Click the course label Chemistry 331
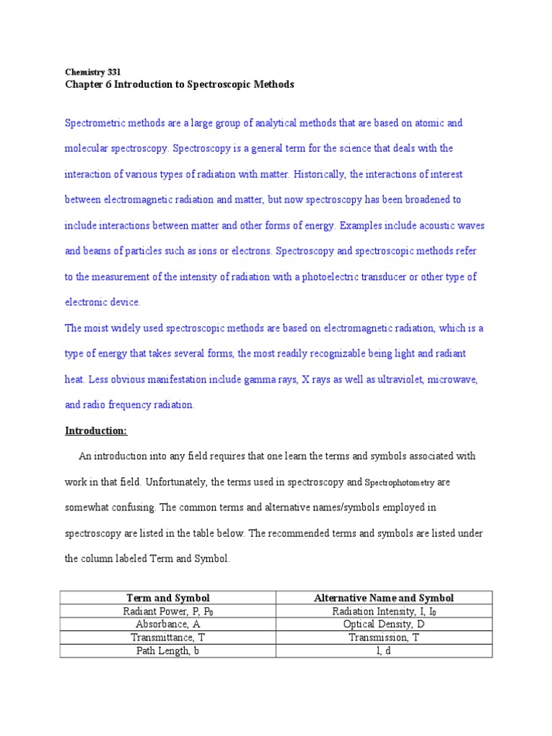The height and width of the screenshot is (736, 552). tap(93, 72)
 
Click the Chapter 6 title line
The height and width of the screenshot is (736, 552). tap(180, 84)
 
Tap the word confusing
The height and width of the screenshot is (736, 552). tap(132, 507)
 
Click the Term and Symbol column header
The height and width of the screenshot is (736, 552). tap(167, 598)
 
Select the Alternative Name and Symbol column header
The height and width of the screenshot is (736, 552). tap(384, 598)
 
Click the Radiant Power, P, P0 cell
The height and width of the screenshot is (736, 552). tap(167, 612)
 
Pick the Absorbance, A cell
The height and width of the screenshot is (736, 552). tap(167, 625)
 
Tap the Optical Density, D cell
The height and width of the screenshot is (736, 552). tap(384, 625)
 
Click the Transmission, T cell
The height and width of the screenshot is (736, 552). tap(384, 638)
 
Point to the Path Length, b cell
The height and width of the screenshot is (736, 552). tap(167, 650)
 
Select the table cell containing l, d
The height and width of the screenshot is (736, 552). tap(384, 650)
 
